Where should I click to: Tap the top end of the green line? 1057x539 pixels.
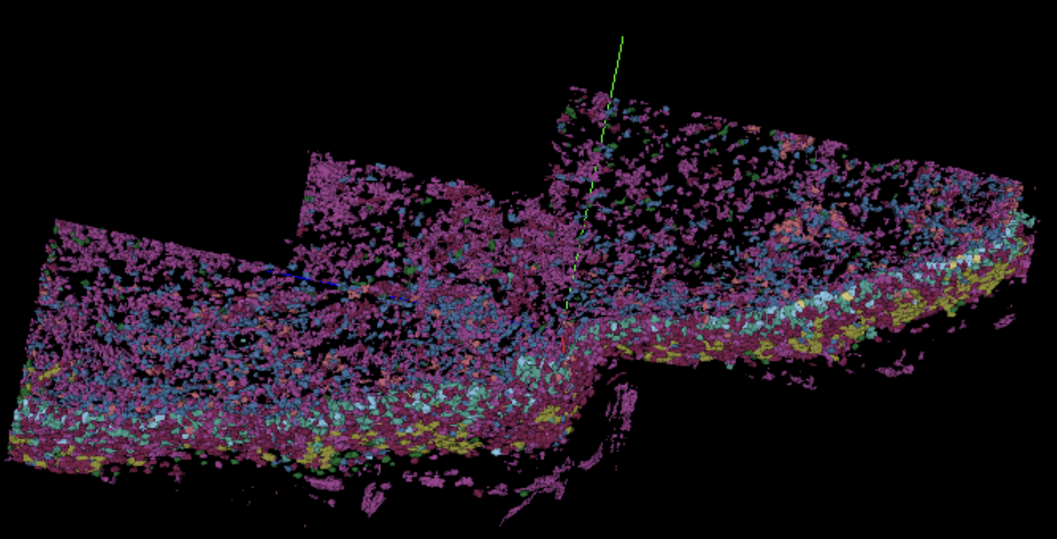click(x=622, y=37)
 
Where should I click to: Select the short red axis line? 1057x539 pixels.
click(x=563, y=344)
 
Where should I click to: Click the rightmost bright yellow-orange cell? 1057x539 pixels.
click(x=976, y=258)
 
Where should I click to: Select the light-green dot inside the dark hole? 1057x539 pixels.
click(x=244, y=339)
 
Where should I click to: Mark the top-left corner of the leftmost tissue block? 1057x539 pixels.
click(x=57, y=220)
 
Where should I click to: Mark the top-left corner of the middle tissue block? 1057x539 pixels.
click(x=310, y=153)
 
